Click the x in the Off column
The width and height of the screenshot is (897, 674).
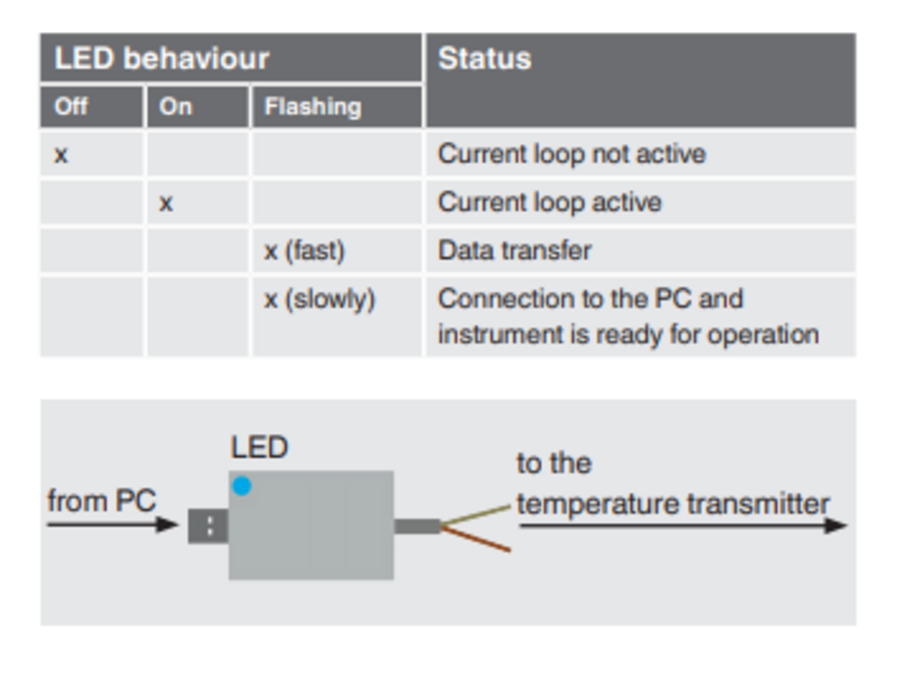[61, 156]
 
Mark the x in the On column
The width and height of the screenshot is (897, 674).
[166, 204]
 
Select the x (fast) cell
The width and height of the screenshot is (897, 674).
[304, 251]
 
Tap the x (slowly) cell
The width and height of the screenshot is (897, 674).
[319, 299]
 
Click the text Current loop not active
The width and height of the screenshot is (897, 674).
[572, 154]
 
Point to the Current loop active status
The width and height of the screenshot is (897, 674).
[550, 202]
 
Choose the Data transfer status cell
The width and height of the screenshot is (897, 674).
[514, 250]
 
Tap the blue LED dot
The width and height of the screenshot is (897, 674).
[242, 486]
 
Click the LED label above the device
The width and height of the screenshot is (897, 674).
[260, 447]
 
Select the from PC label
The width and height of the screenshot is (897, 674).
[102, 500]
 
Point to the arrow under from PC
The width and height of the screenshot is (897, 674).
[113, 525]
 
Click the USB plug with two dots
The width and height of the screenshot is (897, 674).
[208, 526]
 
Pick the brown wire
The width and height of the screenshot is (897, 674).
[475, 539]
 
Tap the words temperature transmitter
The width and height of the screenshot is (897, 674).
[673, 504]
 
